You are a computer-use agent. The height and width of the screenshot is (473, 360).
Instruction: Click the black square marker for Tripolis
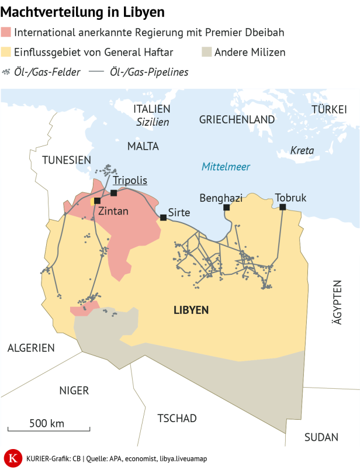coord(113,193)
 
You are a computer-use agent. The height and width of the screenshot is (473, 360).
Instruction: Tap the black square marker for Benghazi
coord(226,207)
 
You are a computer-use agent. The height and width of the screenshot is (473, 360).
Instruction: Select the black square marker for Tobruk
coord(282,207)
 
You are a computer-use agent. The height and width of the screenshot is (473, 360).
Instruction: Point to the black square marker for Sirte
coord(163,217)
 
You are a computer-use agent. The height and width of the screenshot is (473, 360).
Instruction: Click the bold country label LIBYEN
coord(191,310)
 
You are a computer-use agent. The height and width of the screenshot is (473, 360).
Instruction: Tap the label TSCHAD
coord(177,418)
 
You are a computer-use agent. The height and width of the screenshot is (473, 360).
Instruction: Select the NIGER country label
coord(74,391)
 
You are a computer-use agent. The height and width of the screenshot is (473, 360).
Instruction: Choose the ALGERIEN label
coord(31,348)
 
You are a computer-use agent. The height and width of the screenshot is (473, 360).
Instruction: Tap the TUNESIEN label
coord(67,160)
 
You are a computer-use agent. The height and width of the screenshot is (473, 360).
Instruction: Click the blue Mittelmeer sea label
coord(226,167)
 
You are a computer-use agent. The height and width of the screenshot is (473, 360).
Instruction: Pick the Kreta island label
coord(302,150)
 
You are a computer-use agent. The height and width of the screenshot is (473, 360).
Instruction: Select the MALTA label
coord(143,146)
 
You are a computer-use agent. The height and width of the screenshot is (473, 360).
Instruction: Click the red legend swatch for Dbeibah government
coord(6,32)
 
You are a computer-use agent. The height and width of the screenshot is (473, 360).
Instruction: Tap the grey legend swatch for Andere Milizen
coord(206,52)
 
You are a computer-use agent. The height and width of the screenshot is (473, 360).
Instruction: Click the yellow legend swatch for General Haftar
coord(6,52)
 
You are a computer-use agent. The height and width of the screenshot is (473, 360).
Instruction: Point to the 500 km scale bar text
coord(47,423)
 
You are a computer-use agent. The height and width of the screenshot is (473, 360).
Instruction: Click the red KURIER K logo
coord(11,458)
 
